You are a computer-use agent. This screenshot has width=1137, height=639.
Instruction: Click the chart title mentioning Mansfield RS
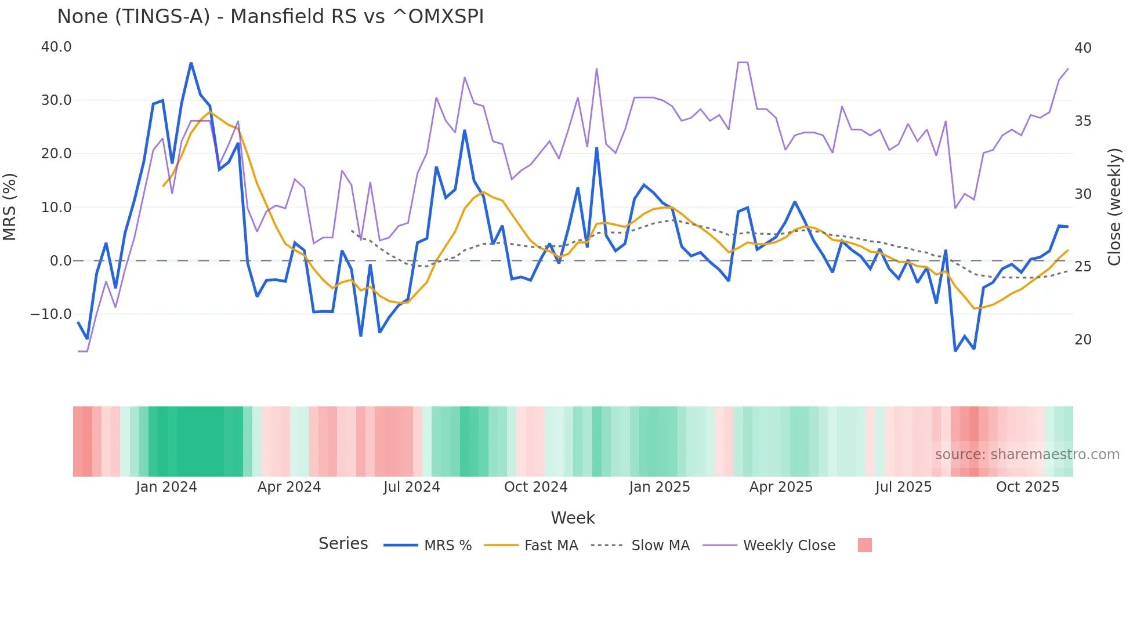[270, 17]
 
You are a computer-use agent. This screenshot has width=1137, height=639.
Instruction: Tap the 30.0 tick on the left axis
[56, 100]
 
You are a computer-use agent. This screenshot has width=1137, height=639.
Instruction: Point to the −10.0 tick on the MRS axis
[51, 314]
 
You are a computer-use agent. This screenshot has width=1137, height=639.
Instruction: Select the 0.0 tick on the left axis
[61, 261]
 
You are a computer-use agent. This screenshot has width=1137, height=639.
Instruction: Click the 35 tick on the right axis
[1082, 121]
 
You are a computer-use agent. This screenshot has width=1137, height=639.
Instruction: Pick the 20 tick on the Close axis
[1082, 340]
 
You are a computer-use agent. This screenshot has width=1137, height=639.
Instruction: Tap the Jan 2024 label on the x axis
[166, 487]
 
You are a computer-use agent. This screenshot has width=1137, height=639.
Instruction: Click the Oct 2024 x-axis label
[535, 487]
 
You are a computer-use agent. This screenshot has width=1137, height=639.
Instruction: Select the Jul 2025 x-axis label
[903, 487]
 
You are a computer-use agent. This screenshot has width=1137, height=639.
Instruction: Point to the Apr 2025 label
[781, 487]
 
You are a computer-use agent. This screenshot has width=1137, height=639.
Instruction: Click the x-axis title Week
[573, 518]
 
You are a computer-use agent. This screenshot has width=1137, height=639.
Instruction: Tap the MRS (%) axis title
[10, 207]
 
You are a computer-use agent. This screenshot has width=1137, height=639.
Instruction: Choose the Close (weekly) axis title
[1114, 207]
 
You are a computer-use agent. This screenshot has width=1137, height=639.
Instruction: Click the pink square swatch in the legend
[864, 545]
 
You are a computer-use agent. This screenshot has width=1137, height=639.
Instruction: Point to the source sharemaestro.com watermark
[1027, 455]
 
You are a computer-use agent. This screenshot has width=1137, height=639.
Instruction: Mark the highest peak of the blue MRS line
[191, 63]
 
